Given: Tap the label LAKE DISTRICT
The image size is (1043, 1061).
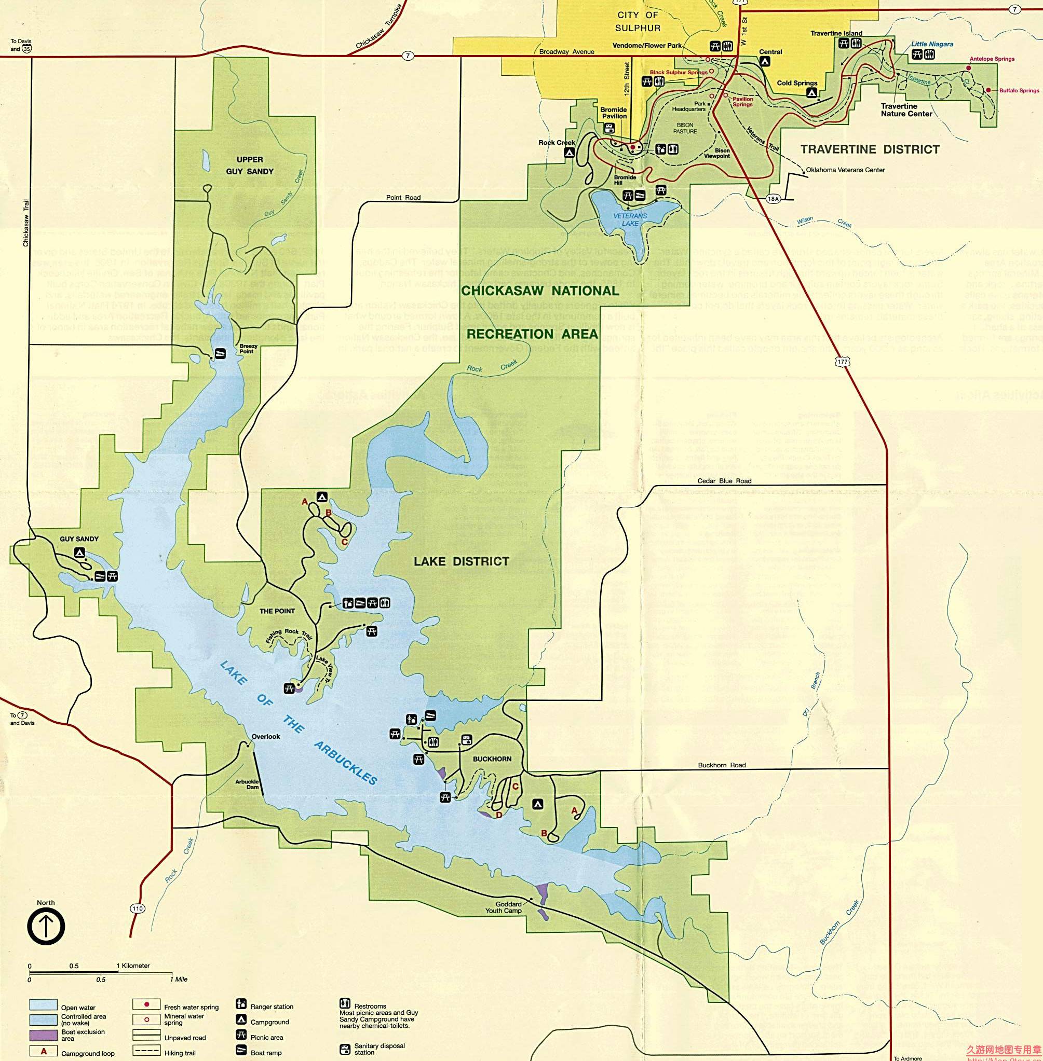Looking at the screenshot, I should coord(461,561).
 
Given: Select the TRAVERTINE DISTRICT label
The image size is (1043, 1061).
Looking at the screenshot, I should coord(870,149).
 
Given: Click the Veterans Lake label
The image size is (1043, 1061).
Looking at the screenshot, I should coord(630,219).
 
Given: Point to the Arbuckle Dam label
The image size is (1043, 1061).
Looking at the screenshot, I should coord(247,784).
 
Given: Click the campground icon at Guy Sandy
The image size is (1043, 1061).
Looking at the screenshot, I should coord(80,553).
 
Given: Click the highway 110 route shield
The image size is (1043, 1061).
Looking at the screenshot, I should coord(137,908).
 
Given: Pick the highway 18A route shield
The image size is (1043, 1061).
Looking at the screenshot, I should coord(773,199).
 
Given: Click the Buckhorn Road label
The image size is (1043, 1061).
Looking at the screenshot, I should coord(722,765).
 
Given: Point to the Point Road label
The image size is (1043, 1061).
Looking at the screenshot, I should coord(403,198).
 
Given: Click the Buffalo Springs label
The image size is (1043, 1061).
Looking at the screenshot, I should coord(1019,91).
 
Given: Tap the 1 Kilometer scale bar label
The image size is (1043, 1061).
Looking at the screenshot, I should coord(132,966).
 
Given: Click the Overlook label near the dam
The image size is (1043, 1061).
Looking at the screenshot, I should coord(266,736).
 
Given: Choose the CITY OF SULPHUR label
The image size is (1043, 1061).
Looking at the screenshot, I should coord(638,21).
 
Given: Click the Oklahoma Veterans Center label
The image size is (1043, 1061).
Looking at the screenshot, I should coord(845,170).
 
